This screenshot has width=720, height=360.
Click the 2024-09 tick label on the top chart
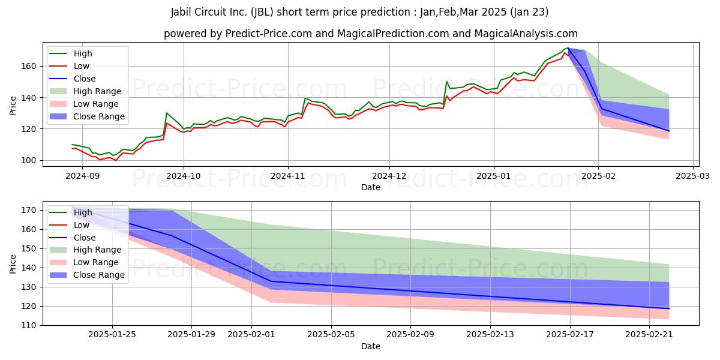pyautogui.click(x=82, y=176)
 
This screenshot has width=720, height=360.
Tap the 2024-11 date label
pyautogui.click(x=288, y=176)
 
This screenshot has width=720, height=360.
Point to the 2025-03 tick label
pyautogui.click(x=692, y=176)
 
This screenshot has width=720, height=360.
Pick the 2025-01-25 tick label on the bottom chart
pyautogui.click(x=112, y=335)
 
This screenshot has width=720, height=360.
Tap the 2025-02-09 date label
pyautogui.click(x=410, y=335)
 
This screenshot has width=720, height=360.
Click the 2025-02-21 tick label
pyautogui.click(x=649, y=335)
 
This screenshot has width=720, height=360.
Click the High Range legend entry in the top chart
pyautogui.click(x=85, y=91)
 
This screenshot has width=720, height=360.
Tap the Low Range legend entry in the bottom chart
pyautogui.click(x=84, y=262)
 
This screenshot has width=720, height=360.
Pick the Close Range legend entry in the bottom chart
pyautogui.click(x=87, y=275)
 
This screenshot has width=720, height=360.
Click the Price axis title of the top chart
pyautogui.click(x=13, y=106)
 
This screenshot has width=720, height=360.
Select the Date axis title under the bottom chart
pyautogui.click(x=371, y=346)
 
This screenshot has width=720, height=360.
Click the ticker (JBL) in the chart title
pyautogui.click(x=262, y=12)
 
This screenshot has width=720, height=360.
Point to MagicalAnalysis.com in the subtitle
pyautogui.click(x=526, y=34)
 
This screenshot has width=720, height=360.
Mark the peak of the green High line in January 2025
pyautogui.click(x=568, y=48)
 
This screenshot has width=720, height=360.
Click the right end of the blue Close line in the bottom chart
pyautogui.click(x=669, y=308)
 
